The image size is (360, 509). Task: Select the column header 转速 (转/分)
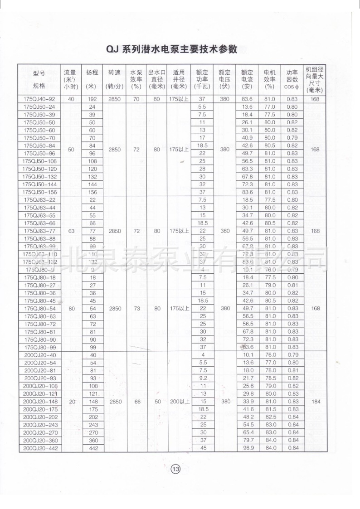(115, 79)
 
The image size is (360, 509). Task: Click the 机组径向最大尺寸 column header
(314, 79)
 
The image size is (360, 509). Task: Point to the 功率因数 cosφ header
(292, 79)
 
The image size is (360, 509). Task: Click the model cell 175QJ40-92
(39, 99)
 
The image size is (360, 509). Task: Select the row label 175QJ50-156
(39, 192)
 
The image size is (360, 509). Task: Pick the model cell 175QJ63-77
(39, 231)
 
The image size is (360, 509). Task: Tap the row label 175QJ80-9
(39, 269)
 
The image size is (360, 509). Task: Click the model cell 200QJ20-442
(39, 448)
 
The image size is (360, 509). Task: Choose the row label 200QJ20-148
(39, 401)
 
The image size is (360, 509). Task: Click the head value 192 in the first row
(92, 99)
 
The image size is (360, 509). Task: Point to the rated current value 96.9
(247, 448)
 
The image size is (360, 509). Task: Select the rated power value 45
(202, 448)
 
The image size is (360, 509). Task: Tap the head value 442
(92, 448)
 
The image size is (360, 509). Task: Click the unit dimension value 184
(314, 401)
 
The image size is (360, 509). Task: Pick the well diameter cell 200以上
(179, 401)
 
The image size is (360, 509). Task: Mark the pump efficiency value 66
(136, 401)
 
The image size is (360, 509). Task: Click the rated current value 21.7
(247, 378)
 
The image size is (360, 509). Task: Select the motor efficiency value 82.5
(270, 417)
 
